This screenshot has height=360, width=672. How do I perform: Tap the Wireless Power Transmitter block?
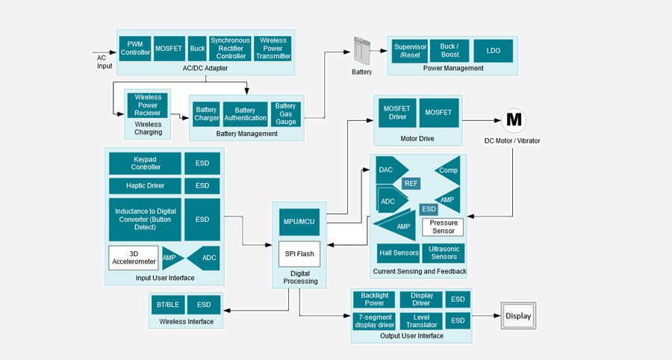(273, 49)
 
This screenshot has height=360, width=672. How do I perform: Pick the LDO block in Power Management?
(493, 51)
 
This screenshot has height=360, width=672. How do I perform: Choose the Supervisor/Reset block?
(410, 51)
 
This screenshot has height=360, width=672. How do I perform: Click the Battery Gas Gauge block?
(285, 114)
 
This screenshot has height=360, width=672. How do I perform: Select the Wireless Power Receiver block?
(148, 105)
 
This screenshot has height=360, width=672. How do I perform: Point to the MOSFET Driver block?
(396, 113)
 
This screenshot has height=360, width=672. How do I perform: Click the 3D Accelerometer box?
(134, 258)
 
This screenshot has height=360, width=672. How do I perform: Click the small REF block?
(411, 183)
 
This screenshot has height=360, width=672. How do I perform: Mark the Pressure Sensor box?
(443, 227)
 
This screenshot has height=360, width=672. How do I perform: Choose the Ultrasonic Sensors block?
(444, 253)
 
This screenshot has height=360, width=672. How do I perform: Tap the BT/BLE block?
(167, 304)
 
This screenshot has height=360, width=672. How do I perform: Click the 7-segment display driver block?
(373, 322)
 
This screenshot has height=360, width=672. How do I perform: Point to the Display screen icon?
(518, 316)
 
